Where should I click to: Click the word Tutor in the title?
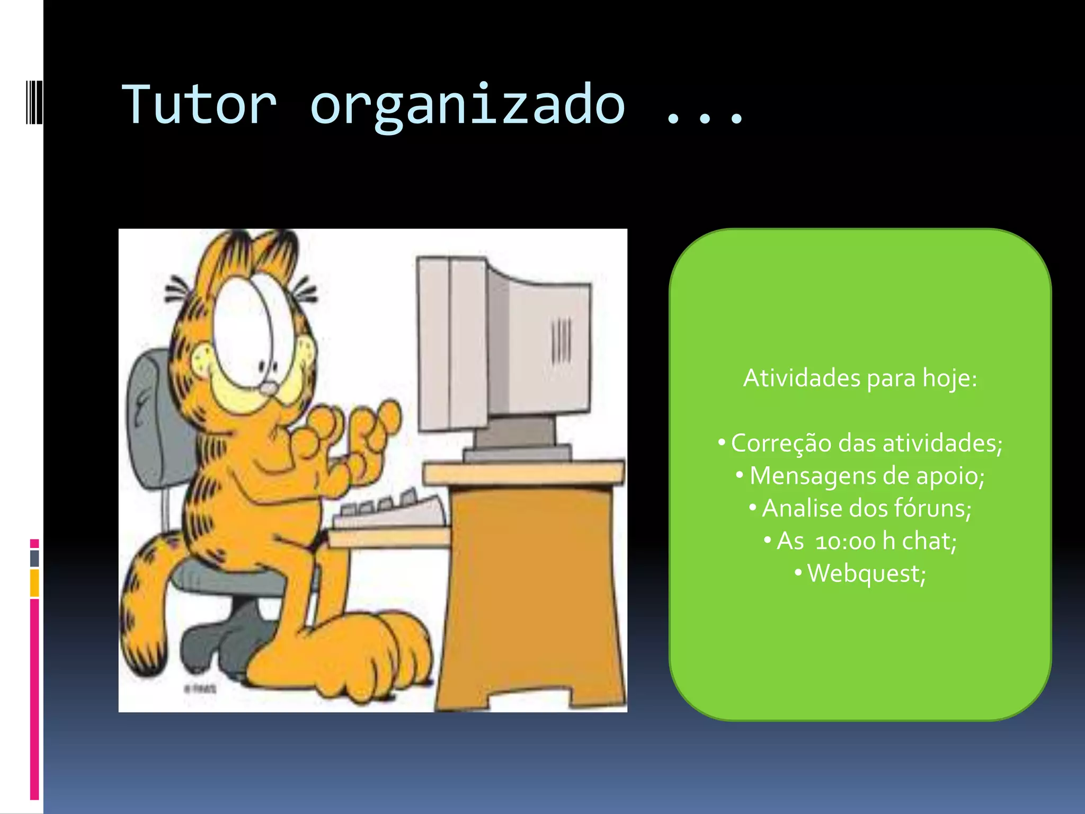click(x=199, y=105)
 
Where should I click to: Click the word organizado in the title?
click(x=467, y=106)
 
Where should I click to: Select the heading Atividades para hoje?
click(x=860, y=378)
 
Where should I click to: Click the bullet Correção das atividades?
click(x=866, y=443)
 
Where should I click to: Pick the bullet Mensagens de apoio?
click(x=867, y=476)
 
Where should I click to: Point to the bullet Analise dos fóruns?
click(x=867, y=508)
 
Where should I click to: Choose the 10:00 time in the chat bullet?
click(x=846, y=542)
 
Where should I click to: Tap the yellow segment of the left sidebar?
click(x=34, y=582)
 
